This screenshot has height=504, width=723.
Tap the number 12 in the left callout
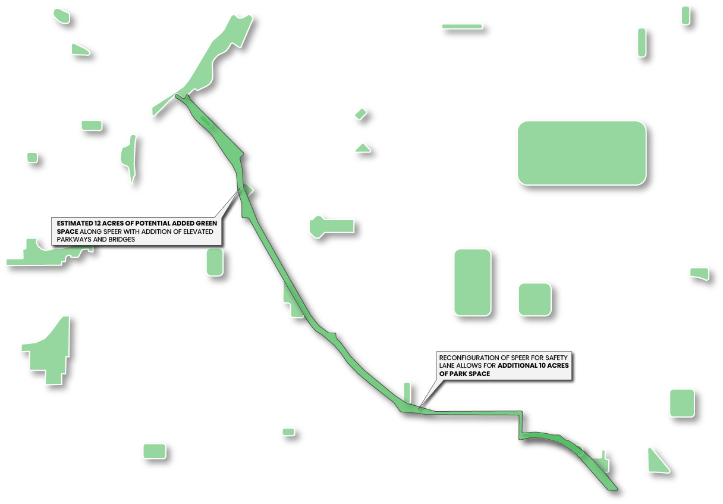click(x=99, y=223)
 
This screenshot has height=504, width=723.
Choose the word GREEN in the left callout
click(x=206, y=223)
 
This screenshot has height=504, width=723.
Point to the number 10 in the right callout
click(x=543, y=365)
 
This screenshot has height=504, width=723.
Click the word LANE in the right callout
click(x=447, y=365)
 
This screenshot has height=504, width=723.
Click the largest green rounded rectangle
click(x=581, y=153)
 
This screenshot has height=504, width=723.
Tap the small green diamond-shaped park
click(x=360, y=114)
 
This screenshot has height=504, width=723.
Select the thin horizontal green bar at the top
click(x=461, y=26)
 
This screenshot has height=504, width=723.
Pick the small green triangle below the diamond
click(x=362, y=148)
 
